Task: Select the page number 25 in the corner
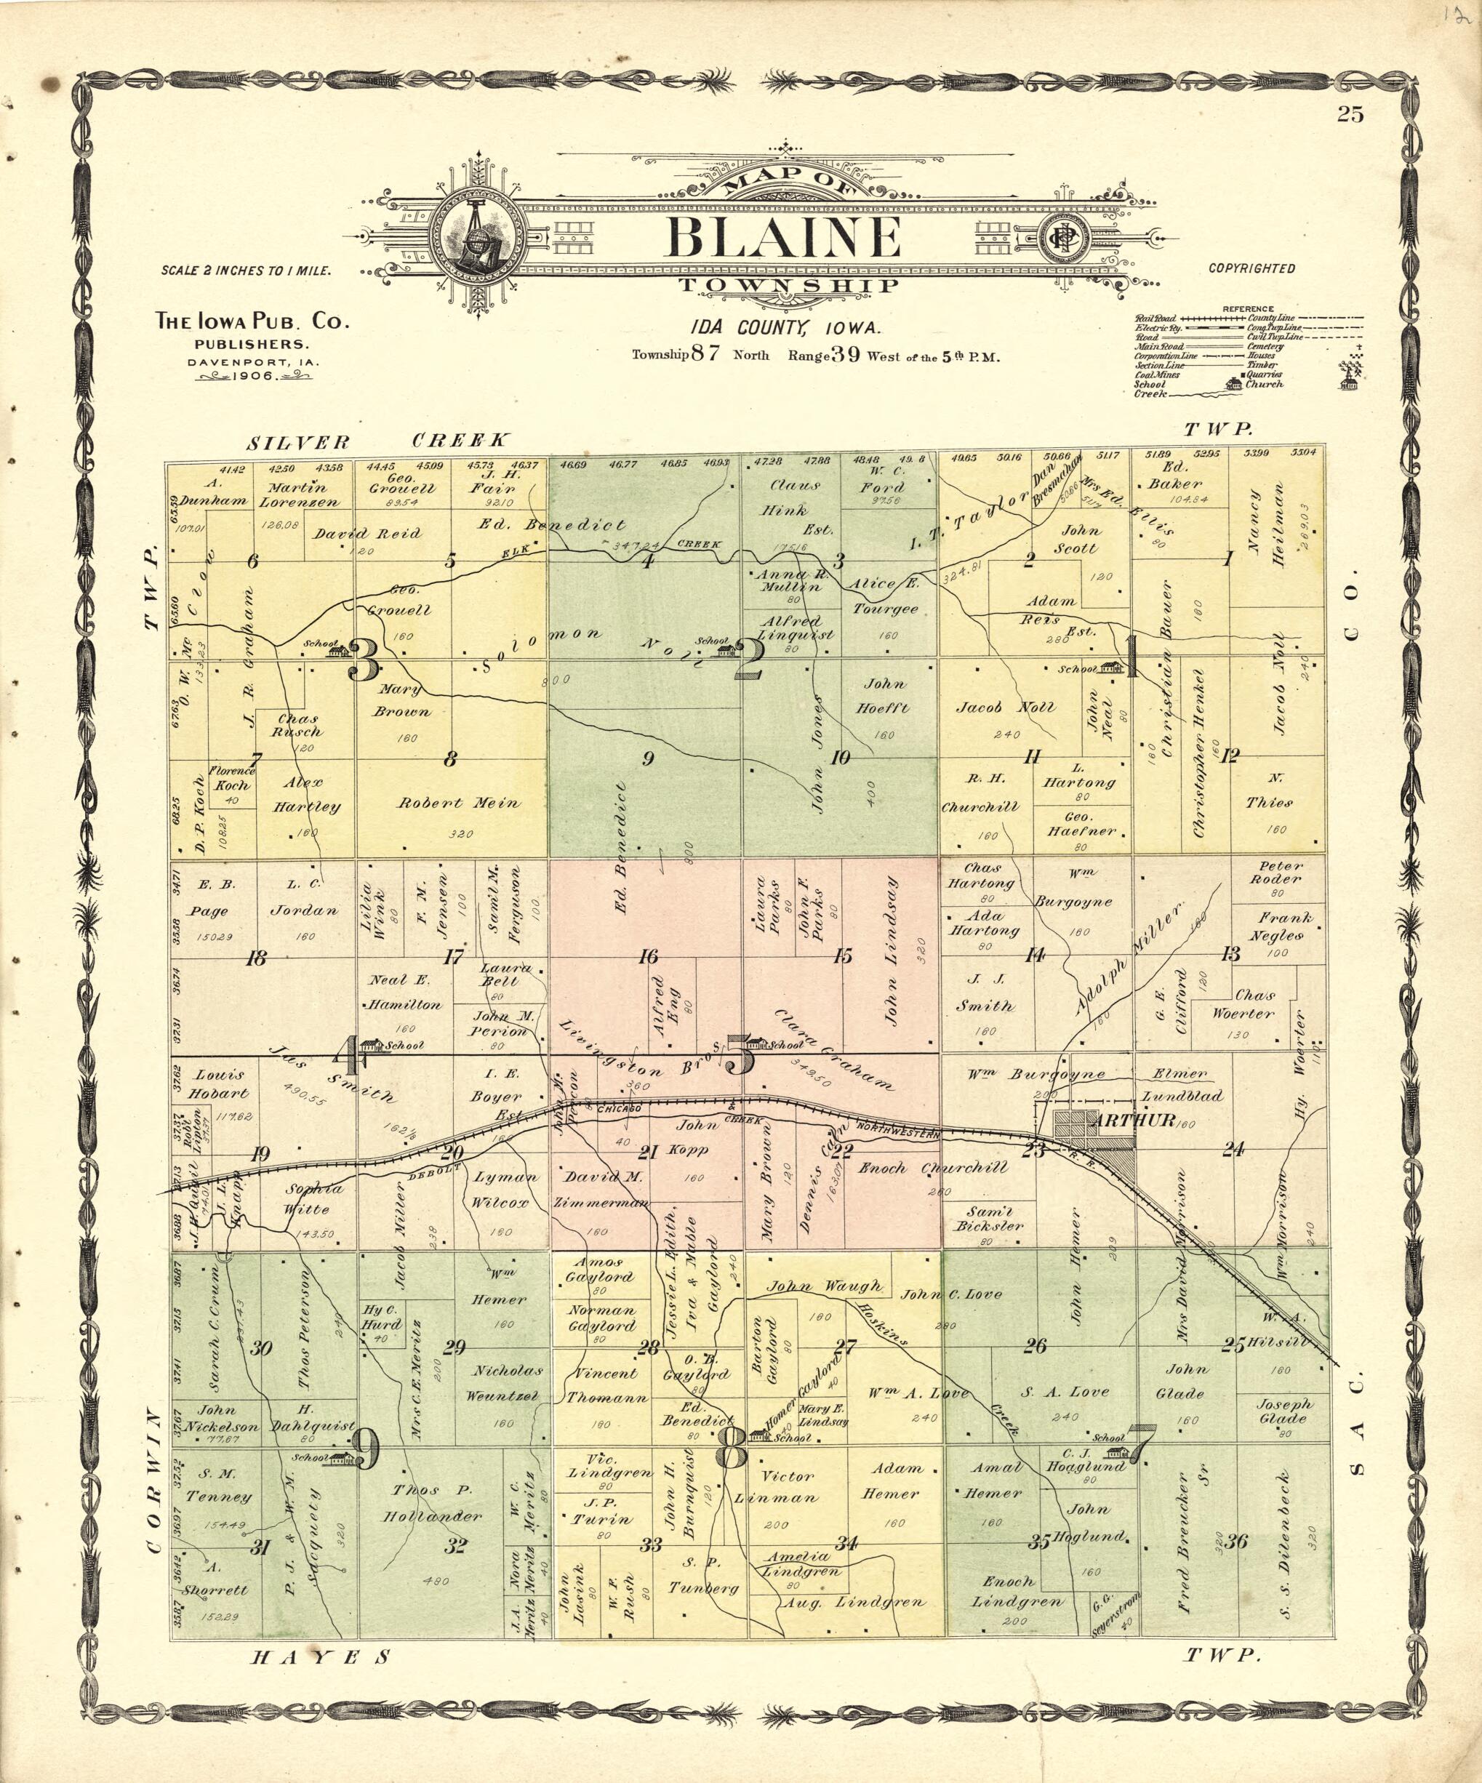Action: point(1350,113)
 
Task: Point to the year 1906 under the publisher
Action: point(254,375)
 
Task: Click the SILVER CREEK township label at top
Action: point(379,441)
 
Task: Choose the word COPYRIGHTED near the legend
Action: point(1251,268)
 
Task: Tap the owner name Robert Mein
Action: point(459,802)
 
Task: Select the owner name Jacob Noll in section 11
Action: point(1006,708)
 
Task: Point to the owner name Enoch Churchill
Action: point(932,1169)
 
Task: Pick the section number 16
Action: point(648,957)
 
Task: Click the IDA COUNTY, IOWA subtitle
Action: point(785,328)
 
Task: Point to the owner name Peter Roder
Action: point(1281,872)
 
